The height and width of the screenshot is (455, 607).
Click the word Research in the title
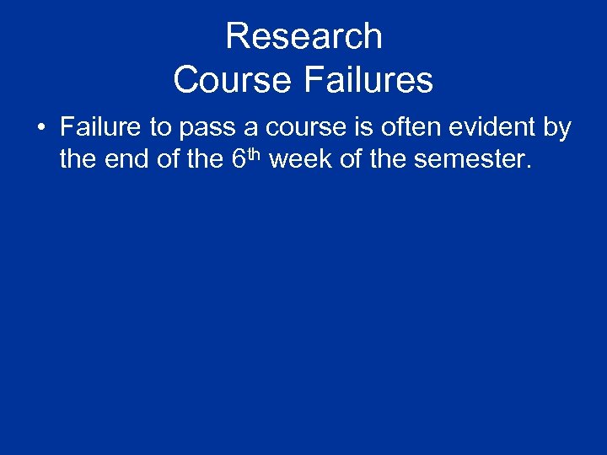pyautogui.click(x=303, y=36)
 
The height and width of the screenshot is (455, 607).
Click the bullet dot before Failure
pyautogui.click(x=40, y=129)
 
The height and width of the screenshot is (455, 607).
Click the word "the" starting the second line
pyautogui.click(x=78, y=158)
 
